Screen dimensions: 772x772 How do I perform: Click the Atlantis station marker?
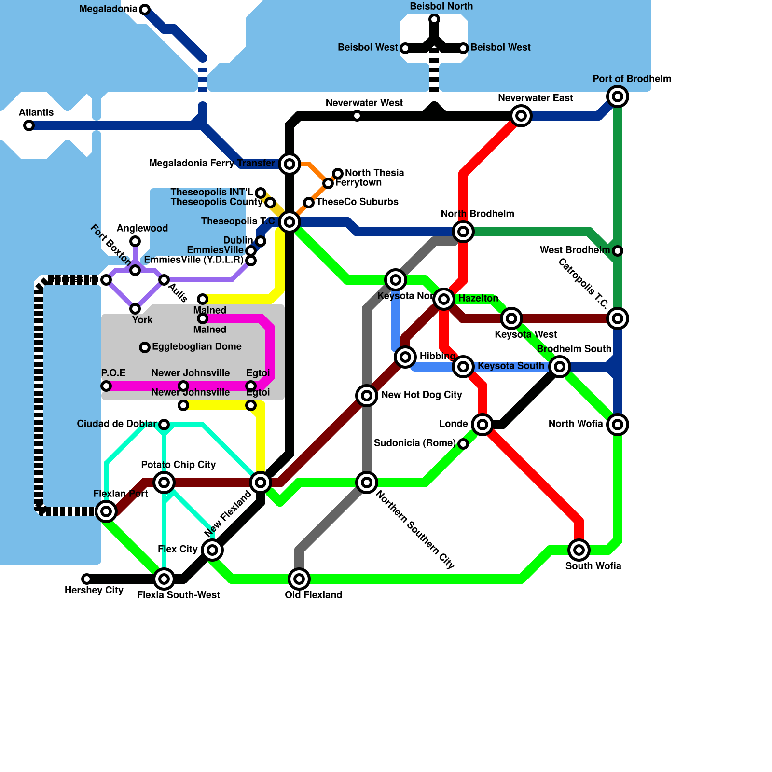[29, 125]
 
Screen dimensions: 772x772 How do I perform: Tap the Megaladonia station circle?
[144, 9]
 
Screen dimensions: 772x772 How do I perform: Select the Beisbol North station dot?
[434, 19]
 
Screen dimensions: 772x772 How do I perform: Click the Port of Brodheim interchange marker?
[618, 96]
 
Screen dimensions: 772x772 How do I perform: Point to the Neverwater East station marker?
[521, 116]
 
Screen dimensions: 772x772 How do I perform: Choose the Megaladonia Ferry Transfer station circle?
[289, 164]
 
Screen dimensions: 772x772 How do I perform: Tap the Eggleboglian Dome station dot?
[144, 347]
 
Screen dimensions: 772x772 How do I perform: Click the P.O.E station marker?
[106, 386]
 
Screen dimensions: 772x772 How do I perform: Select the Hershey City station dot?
[86, 579]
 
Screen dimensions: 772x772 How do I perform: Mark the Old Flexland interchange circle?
[299, 579]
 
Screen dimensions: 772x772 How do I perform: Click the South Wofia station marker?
[579, 550]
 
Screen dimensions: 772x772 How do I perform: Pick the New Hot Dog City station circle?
[367, 396]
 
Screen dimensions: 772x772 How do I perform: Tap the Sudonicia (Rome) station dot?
[463, 443]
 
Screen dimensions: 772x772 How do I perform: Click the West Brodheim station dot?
[618, 251]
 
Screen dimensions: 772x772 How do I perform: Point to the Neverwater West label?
[364, 103]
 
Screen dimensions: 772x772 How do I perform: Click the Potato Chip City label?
[178, 465]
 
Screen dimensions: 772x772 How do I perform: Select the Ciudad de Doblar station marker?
[164, 425]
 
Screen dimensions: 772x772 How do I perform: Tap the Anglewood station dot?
[135, 241]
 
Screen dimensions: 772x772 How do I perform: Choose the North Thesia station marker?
[338, 173]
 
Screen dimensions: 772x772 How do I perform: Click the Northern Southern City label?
[414, 529]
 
